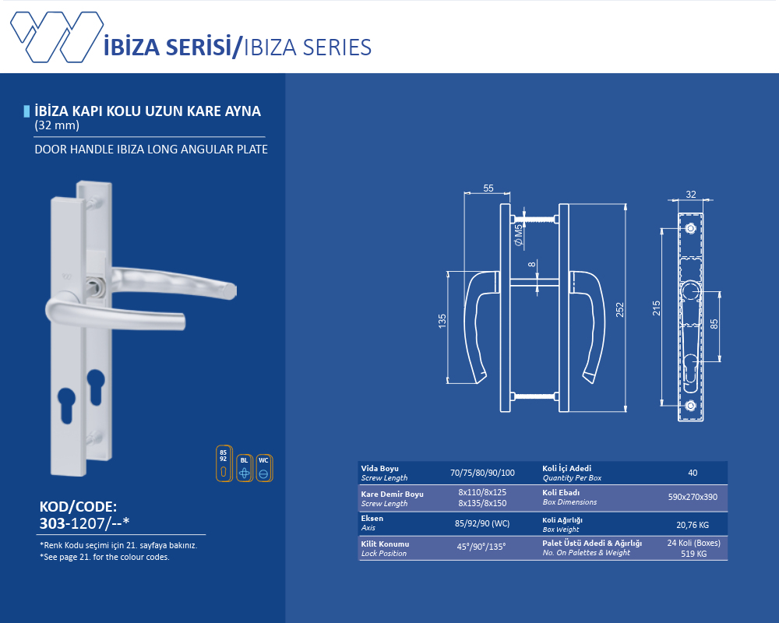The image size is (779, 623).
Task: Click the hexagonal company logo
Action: pos(57,37)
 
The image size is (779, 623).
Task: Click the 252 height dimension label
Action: pos(619,309)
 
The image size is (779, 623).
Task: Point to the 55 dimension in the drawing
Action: pos(488,188)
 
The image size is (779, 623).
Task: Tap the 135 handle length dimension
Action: pos(442,321)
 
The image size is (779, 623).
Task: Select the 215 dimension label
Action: pos(656,308)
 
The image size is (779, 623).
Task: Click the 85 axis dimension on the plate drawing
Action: pos(714,324)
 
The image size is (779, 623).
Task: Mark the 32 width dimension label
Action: pos(690,194)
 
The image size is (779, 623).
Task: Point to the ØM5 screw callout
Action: pos(519,235)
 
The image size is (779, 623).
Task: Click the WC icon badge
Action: pos(264,468)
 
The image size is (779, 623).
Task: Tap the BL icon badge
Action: pos(244,468)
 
